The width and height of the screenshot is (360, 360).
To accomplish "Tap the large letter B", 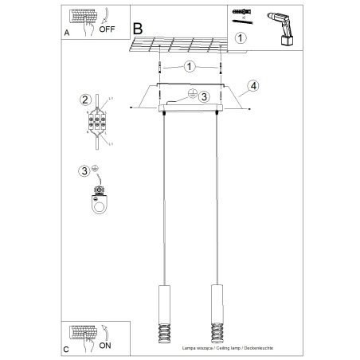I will (139, 27).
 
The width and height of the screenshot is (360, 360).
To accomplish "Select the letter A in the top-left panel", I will (66, 34).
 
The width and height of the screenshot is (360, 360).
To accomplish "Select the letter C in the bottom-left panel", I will (67, 349).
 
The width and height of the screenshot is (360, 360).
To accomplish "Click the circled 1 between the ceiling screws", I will (190, 67).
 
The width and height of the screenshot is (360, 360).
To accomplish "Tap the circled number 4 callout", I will (252, 85).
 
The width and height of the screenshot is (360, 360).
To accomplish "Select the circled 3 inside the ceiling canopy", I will (203, 97).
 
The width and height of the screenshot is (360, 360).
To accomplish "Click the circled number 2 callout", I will (84, 100).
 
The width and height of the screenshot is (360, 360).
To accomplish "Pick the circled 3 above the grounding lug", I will (85, 170).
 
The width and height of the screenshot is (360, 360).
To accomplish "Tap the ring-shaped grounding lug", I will (100, 202).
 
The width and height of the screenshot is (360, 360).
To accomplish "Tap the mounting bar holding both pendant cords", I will (190, 106).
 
